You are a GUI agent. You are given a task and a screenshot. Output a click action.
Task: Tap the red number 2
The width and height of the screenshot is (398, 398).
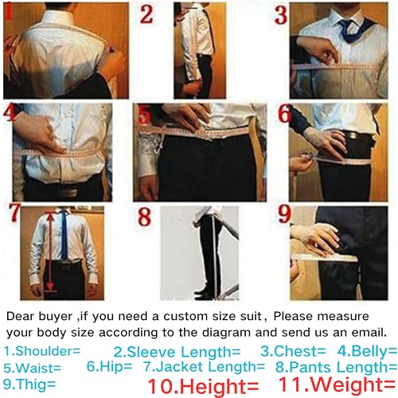147,14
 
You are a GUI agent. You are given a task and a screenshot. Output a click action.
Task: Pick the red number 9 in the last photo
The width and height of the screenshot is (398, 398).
285,217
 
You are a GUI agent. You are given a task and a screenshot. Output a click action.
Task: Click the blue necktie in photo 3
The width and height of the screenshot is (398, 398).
348,31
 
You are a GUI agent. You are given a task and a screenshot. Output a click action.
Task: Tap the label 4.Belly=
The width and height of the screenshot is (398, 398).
366,350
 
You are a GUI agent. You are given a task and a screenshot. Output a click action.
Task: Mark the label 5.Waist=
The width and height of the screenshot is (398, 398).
33,367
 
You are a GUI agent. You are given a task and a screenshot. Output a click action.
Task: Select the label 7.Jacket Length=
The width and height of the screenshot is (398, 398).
204,367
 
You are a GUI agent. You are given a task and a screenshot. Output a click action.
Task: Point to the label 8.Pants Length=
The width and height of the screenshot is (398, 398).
334,367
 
